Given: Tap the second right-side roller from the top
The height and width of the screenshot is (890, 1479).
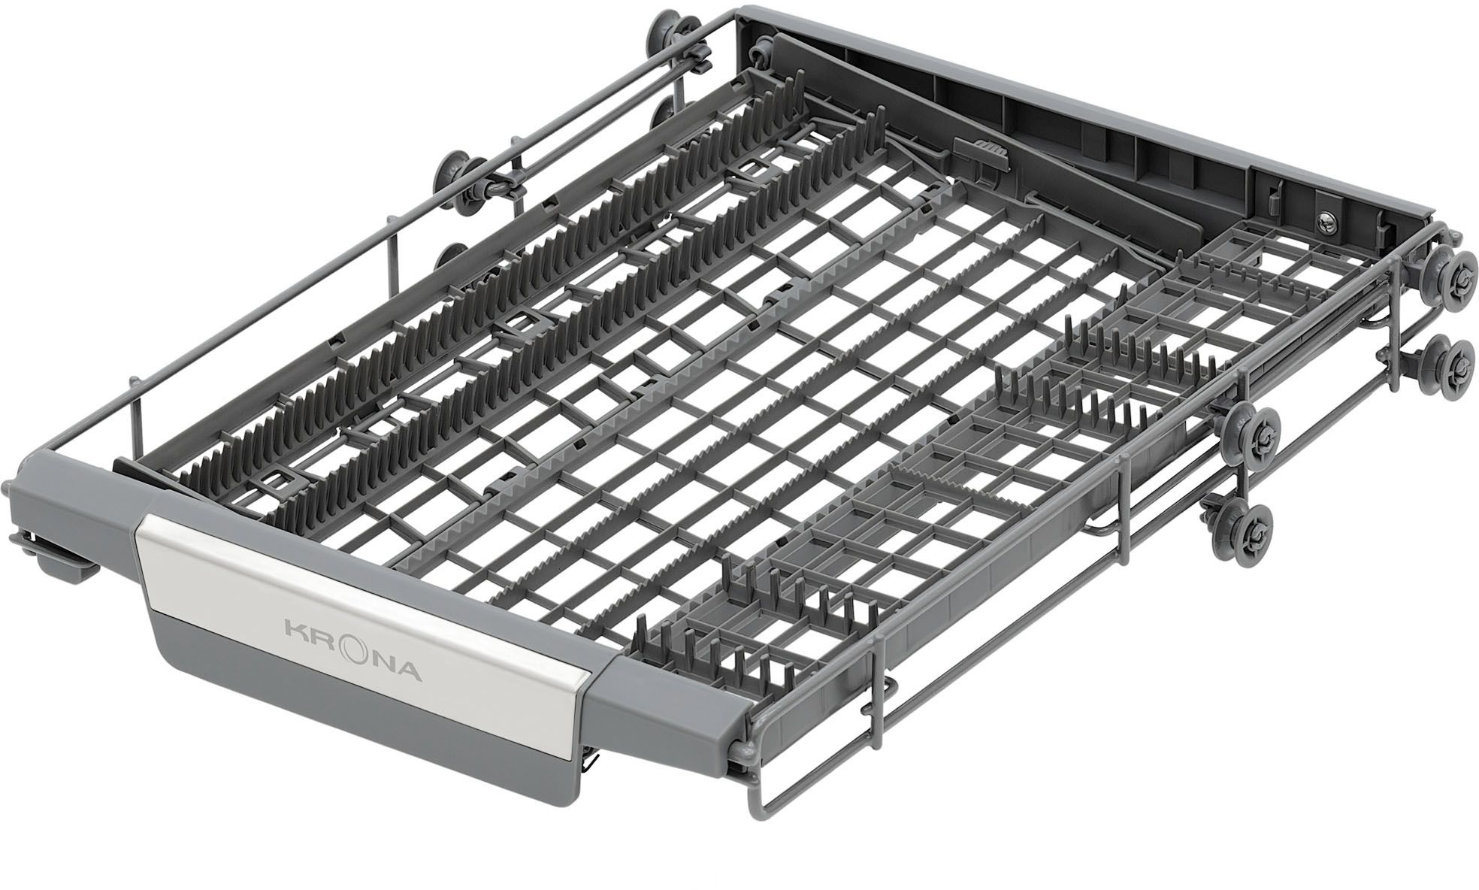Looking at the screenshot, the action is coord(1444,362).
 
